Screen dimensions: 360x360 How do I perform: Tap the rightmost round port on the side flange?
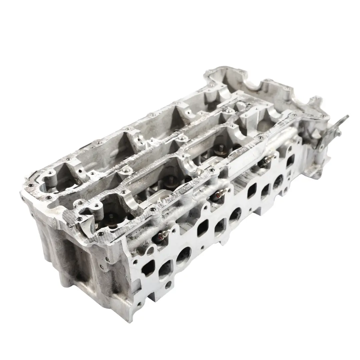[x=278, y=180]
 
